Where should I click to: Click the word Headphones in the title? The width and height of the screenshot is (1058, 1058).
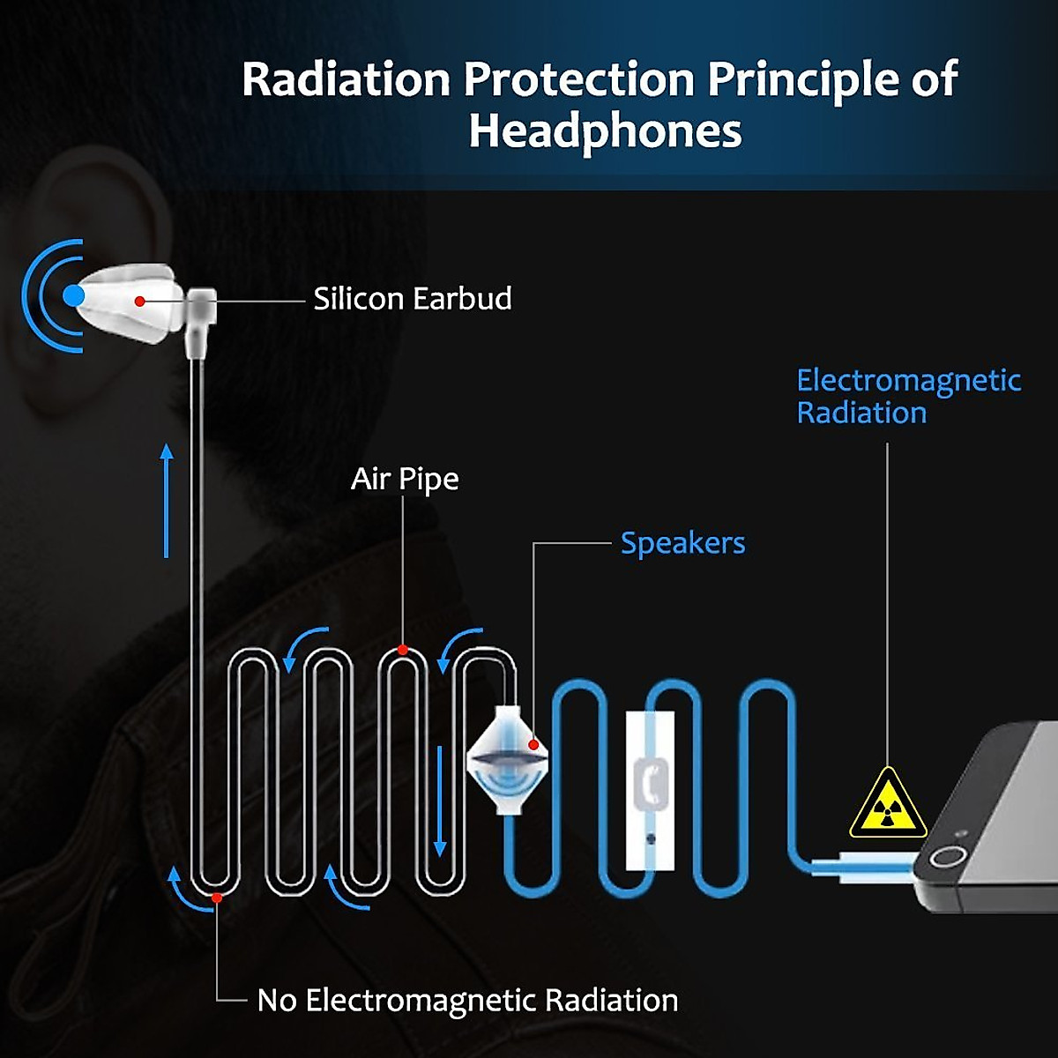605,131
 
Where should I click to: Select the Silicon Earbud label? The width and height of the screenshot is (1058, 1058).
413,299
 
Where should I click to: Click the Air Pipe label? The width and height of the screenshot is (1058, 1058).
405,479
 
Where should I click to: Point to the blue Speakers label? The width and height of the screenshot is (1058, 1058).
682,543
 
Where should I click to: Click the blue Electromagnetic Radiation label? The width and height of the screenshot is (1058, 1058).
908,397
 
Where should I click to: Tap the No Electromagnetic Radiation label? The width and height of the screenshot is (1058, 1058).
467,1001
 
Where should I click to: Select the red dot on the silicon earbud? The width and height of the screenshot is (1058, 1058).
139,302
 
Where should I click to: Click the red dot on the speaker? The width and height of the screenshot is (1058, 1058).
533,746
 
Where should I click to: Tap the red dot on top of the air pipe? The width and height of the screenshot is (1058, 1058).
403,650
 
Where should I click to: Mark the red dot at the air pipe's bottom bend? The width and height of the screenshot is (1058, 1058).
216,898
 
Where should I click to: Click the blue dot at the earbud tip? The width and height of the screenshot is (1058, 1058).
74,295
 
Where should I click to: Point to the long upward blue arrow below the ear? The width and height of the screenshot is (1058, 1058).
167,501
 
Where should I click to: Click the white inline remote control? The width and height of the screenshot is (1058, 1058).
651,789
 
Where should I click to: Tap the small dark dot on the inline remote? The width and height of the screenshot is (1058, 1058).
651,838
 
